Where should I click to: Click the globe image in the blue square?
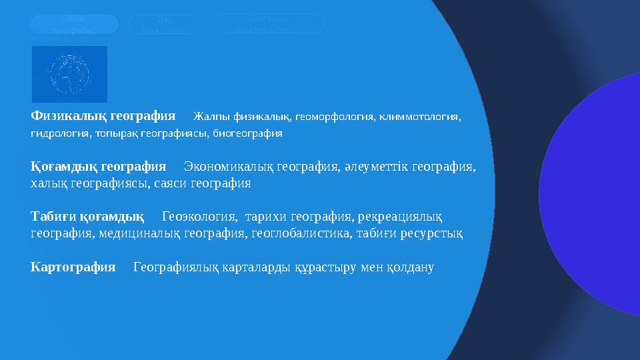[x=69, y=74]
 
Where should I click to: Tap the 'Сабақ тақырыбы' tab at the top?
[x=74, y=25]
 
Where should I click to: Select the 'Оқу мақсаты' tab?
[x=165, y=25]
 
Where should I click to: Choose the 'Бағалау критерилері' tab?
[x=268, y=24]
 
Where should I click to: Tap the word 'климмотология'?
[x=418, y=117]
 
